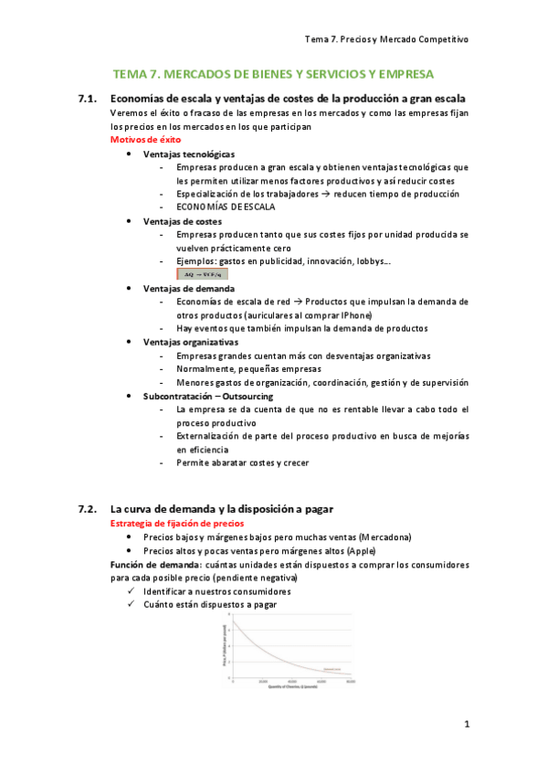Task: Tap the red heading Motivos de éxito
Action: click(145, 140)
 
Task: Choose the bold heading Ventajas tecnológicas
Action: click(188, 154)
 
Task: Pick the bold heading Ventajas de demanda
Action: click(183, 288)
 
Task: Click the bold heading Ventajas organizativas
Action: click(187, 342)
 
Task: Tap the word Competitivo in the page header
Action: click(440, 40)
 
